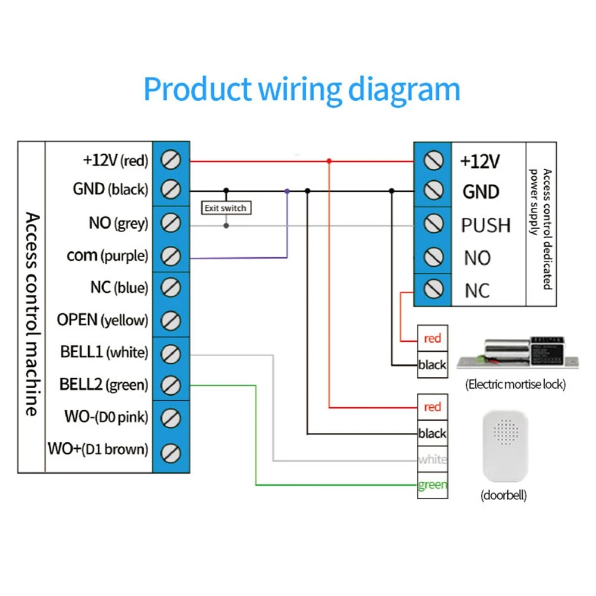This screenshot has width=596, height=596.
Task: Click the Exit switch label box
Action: point(225,208)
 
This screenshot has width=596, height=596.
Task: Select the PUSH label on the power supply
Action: point(486,225)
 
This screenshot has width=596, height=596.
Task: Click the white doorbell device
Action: point(504,447)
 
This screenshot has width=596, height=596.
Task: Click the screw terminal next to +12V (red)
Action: point(171,160)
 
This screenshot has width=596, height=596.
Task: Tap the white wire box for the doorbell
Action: point(432,459)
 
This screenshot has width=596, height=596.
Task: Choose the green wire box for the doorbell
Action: point(432,485)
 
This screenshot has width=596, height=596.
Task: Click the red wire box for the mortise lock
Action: point(432,338)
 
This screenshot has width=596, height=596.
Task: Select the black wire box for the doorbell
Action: point(432,433)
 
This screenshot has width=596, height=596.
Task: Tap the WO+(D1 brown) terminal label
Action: point(98,448)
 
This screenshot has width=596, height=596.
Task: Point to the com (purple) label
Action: point(107,256)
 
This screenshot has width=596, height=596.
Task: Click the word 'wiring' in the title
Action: point(301,89)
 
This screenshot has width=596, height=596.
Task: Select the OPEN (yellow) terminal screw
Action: point(171,320)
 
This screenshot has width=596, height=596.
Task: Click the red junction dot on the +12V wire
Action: point(329,161)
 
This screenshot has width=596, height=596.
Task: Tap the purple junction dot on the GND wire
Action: point(287,191)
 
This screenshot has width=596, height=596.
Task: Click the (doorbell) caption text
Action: point(503,495)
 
